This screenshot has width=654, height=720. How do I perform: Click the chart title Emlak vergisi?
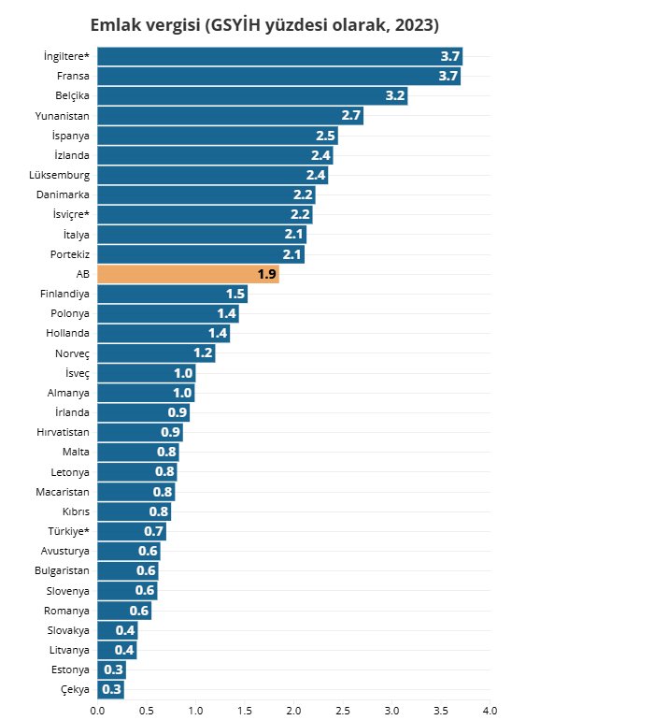[x=264, y=24]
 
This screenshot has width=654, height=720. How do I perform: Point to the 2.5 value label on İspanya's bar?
[x=325, y=136]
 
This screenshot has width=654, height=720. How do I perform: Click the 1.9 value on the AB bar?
[x=266, y=274]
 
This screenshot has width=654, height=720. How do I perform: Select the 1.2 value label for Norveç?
[x=204, y=353]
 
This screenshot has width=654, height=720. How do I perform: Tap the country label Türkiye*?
[x=69, y=531]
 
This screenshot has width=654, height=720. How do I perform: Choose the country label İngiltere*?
[x=66, y=56]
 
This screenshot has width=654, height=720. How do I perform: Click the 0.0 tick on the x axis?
[x=97, y=711]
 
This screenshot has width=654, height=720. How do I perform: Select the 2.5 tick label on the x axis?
[x=343, y=711]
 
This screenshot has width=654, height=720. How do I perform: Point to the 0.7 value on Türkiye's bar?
[x=154, y=531]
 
